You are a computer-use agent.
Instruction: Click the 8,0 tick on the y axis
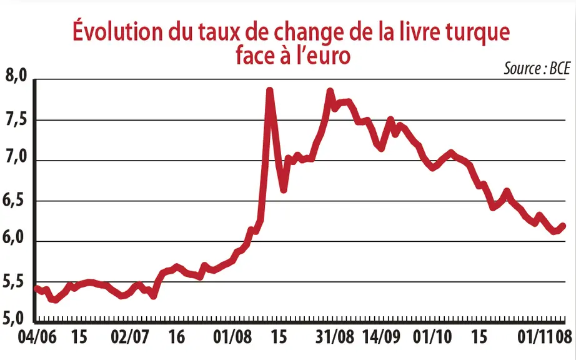[x=16, y=76]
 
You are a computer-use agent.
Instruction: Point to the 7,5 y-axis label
[x=16, y=121]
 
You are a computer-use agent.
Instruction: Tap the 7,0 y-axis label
[x=16, y=157]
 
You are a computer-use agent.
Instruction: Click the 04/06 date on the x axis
[x=37, y=337]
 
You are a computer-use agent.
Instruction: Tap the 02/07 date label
[x=130, y=337]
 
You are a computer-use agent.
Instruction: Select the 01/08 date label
[x=233, y=337]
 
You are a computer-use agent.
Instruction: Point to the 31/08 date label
[x=335, y=337]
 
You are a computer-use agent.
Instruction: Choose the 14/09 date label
[x=382, y=337]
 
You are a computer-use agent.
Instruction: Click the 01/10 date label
[x=432, y=337]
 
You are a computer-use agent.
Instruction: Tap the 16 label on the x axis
[x=177, y=337]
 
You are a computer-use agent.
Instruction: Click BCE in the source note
[x=560, y=69]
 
